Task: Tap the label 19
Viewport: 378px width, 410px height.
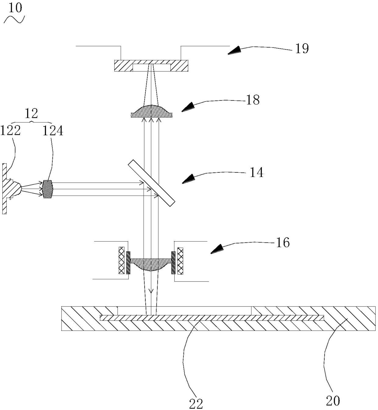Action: point(302,49)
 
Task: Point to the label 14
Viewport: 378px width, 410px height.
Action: point(256,172)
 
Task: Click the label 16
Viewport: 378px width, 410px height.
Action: point(282,243)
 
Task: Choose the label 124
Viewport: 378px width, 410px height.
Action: point(53,131)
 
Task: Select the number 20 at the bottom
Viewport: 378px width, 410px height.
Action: point(333,401)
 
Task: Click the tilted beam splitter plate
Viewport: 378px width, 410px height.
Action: point(152,182)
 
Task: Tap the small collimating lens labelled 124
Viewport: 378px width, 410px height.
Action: point(48,189)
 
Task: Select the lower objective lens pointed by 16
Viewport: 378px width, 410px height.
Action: point(151,264)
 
